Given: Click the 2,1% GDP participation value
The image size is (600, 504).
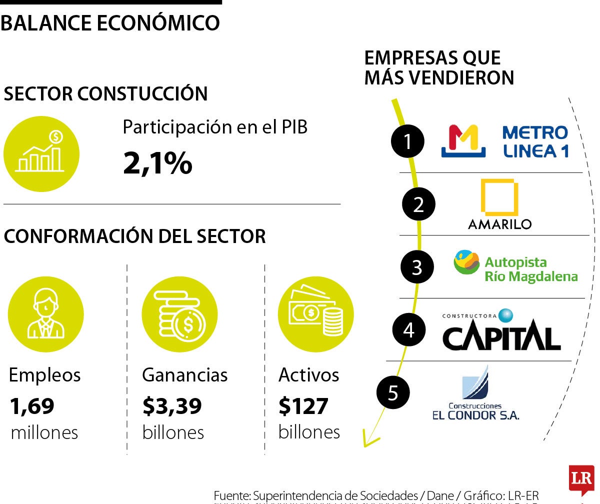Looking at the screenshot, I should tap(157, 163).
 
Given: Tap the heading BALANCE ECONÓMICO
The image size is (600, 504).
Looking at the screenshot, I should tap(110, 23).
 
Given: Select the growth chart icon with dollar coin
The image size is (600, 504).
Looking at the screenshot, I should tap(41, 153).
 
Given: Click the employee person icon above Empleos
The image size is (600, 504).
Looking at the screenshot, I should tap(45, 314).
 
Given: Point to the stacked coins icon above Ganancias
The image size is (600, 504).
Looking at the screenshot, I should tap(179, 314).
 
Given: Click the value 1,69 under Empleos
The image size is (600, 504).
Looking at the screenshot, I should tap(31, 406).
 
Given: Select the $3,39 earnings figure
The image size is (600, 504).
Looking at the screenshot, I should tap(172, 406).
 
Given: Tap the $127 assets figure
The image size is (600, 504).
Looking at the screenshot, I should tap(303, 406).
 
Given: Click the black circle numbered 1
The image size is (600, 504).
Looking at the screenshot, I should tap(407, 141).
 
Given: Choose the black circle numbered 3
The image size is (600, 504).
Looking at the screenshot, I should tap(417, 267).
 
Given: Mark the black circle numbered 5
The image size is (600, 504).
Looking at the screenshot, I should tap(393, 392).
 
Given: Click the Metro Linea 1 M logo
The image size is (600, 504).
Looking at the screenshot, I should tap(463, 141).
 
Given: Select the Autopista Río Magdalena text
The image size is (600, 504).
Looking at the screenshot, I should tap(530, 269).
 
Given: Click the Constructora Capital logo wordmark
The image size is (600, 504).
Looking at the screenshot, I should tap(501, 337).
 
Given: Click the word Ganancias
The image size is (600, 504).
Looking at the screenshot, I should tap(184, 375).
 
